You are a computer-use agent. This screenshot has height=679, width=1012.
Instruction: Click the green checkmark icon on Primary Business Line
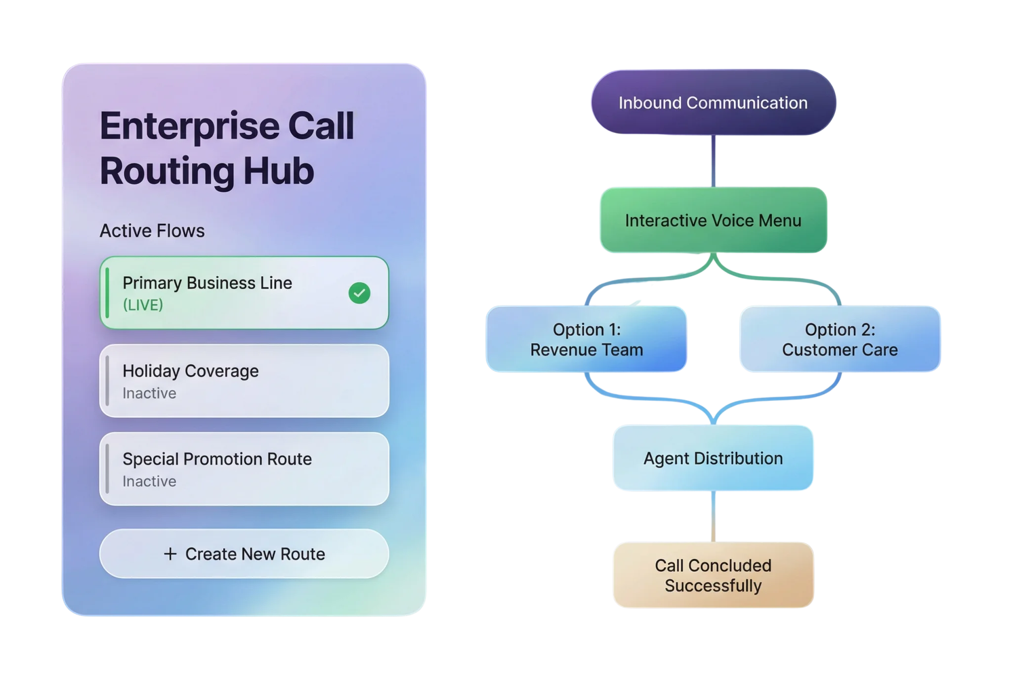pyautogui.click(x=359, y=293)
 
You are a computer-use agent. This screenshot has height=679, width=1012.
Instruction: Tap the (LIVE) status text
pyautogui.click(x=143, y=305)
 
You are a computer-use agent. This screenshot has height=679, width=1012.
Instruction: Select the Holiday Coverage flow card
pyautogui.click(x=244, y=381)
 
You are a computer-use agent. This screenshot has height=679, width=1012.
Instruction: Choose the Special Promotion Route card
pyautogui.click(x=244, y=469)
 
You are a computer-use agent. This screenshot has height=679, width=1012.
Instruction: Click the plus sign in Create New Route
pyautogui.click(x=170, y=554)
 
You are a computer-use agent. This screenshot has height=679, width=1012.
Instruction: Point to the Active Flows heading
pyautogui.click(x=152, y=231)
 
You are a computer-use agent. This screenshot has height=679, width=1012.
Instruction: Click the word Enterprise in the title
pyautogui.click(x=190, y=126)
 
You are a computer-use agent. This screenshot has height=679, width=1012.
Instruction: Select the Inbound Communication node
pyautogui.click(x=713, y=103)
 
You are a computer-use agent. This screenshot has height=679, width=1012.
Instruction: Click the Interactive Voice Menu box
pyautogui.click(x=713, y=220)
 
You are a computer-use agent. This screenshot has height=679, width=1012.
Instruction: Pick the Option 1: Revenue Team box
pyautogui.click(x=587, y=339)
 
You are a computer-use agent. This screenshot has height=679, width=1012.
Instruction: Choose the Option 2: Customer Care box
pyautogui.click(x=840, y=339)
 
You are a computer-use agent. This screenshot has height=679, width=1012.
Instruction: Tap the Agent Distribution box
pyautogui.click(x=713, y=458)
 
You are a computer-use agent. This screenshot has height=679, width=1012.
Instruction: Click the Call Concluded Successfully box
pyautogui.click(x=713, y=575)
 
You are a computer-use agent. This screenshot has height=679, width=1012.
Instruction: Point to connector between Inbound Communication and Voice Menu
pyautogui.click(x=713, y=161)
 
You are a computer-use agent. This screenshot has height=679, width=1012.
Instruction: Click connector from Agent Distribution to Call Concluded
pyautogui.click(x=713, y=516)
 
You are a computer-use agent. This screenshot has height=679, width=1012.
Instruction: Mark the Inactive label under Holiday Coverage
pyautogui.click(x=149, y=393)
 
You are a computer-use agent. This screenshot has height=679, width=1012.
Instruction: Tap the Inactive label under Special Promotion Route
pyautogui.click(x=149, y=481)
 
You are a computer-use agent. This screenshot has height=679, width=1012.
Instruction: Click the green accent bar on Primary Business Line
pyautogui.click(x=108, y=293)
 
